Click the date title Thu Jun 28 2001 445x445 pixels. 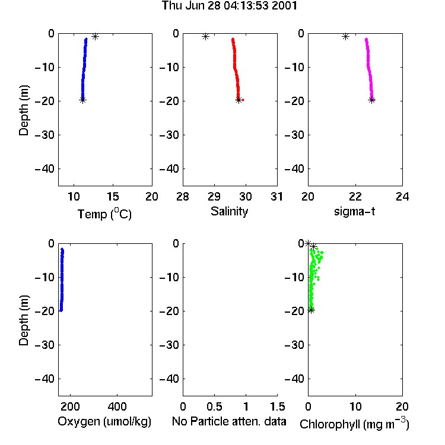pos(229,5)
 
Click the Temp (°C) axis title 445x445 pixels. pos(104,214)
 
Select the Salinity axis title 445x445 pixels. pos(229,211)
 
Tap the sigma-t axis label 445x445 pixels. pos(354,211)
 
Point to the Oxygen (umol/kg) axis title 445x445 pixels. pos(104,421)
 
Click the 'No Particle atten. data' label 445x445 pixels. pos(229,421)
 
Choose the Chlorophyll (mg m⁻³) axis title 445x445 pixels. pos(354,424)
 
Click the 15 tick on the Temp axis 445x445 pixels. pos(113,196)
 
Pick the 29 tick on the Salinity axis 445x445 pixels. pos(214,196)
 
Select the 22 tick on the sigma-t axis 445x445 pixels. pos(355,196)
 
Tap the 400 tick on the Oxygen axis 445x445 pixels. pos(117,406)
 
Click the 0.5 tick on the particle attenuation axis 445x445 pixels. pos(214,406)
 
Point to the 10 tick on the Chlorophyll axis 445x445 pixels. pos(355,406)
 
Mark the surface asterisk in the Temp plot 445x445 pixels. pos(96,36)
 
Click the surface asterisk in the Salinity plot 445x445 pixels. pos(206,36)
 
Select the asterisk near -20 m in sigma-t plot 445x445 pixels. pos(372,100)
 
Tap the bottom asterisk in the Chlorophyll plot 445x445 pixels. pos(311,310)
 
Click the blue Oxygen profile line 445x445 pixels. pos(62,279)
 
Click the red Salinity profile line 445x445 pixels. pos(236,69)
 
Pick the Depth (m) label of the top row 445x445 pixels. pos(24,110)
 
